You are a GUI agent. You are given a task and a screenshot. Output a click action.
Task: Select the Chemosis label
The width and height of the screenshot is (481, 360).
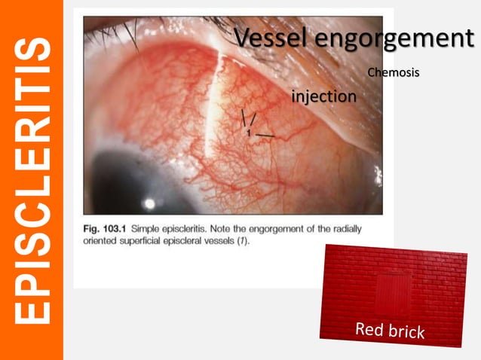[x=394, y=72]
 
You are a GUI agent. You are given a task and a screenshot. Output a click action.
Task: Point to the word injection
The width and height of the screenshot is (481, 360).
[x=324, y=96]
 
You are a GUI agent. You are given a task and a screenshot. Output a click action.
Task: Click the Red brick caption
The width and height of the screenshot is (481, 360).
[x=391, y=329]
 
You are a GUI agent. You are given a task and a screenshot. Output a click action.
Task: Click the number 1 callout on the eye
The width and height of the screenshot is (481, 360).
[x=247, y=133]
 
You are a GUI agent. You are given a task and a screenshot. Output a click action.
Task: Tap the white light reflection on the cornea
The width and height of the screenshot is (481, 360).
[x=149, y=203]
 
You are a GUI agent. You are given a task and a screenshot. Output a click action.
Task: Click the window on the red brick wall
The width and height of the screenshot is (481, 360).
[x=391, y=293]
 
